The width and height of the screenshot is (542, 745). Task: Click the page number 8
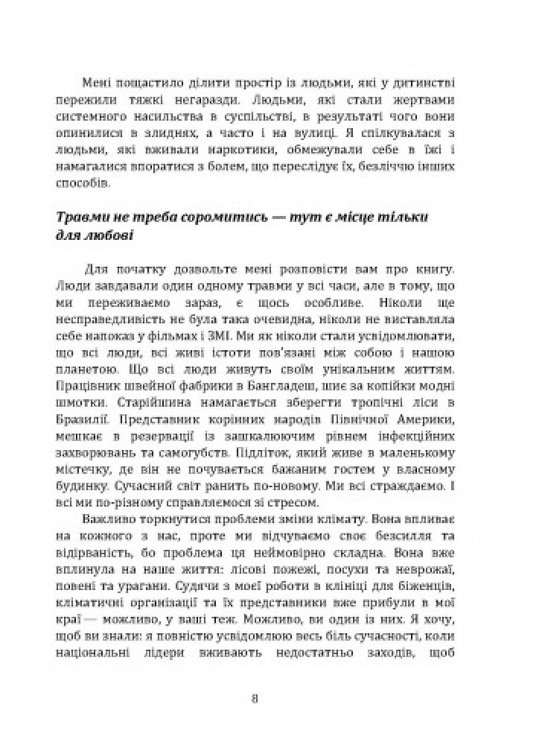[x=255, y=698]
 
